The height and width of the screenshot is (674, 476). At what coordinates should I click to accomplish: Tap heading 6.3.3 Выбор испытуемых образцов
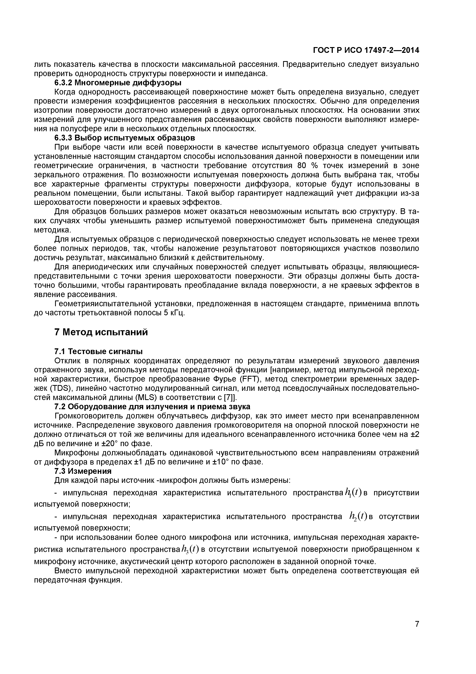[125, 138]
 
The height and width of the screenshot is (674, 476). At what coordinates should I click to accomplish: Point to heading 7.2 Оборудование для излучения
[152, 407]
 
